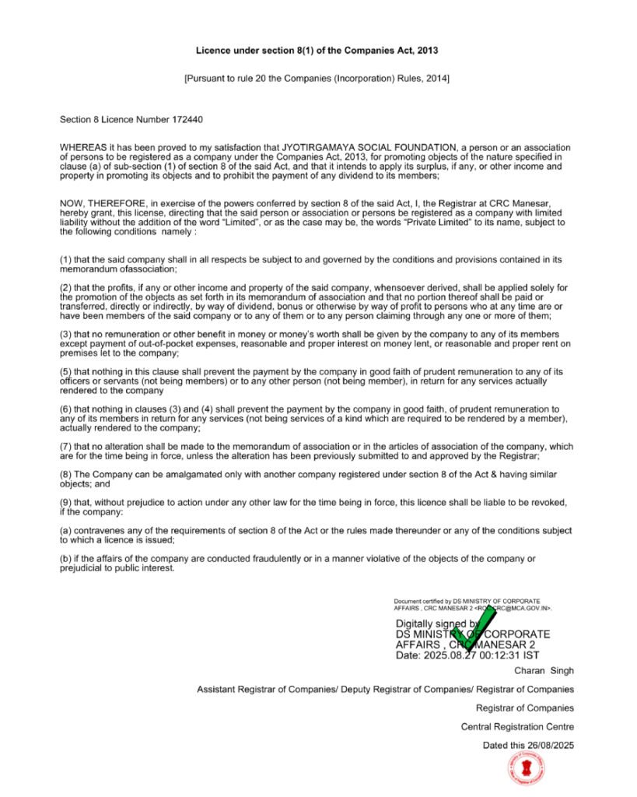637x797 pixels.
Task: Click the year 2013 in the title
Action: point(426,51)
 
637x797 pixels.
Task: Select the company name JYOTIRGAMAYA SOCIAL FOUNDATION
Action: point(369,147)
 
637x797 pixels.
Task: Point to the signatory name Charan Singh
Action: point(544,670)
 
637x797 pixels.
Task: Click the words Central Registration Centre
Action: point(517,727)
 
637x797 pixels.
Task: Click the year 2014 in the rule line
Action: point(436,79)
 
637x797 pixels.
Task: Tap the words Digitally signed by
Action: point(437,624)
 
